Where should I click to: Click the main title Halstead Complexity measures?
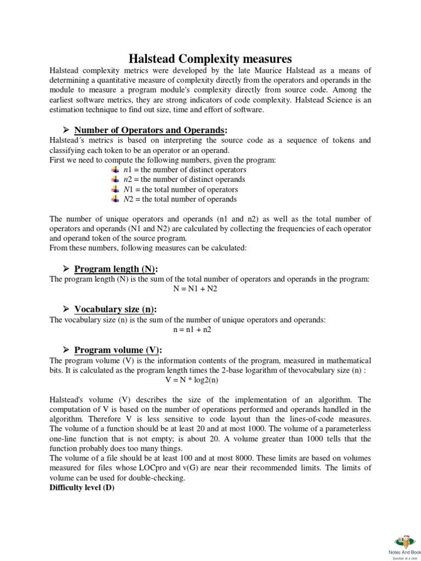[210, 58]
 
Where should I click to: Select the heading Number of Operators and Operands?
[151, 129]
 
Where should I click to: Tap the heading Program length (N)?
[116, 268]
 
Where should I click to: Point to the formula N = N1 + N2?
[195, 289]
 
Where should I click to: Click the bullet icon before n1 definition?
[115, 170]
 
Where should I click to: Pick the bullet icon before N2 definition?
[115, 199]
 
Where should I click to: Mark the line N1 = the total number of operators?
[180, 190]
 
